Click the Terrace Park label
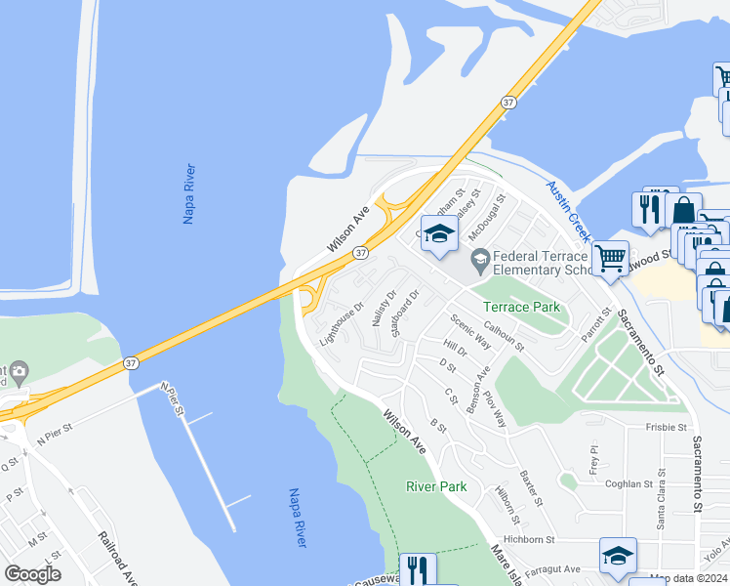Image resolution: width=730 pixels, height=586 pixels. [522, 307]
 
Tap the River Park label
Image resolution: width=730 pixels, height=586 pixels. [436, 486]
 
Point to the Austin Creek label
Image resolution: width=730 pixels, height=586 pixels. [568, 211]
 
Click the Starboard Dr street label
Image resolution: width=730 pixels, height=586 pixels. [404, 313]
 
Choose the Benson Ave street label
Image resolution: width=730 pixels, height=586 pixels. [480, 389]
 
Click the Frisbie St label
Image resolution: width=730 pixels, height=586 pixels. [666, 427]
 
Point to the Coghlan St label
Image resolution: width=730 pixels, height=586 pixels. [628, 483]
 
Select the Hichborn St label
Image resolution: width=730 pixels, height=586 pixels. [530, 538]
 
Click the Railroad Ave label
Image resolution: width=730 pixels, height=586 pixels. [117, 558]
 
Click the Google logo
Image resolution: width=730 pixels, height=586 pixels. [32, 573]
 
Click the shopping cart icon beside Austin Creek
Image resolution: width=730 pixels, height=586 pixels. [610, 259]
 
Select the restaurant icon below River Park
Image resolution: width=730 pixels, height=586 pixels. [418, 569]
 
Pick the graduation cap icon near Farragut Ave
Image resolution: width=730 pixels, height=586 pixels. [618, 556]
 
